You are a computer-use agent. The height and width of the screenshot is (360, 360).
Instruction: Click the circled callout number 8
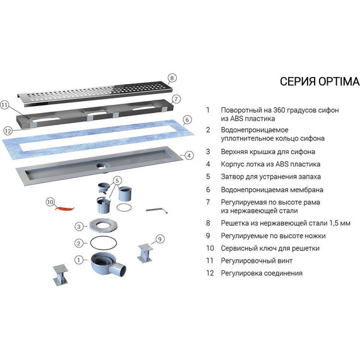[172, 78]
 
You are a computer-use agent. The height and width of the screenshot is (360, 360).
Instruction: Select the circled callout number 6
[187, 119]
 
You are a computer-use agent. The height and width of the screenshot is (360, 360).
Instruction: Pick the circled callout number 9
[160, 238]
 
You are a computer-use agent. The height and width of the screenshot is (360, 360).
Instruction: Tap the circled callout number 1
[78, 259]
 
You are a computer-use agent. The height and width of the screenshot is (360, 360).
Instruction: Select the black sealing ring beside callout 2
[102, 243]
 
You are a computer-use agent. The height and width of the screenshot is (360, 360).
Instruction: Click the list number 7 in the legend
[207, 201]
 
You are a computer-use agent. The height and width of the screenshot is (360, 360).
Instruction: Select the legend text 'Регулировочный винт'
[253, 260]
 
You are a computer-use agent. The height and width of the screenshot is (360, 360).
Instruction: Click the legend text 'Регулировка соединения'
[261, 273]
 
